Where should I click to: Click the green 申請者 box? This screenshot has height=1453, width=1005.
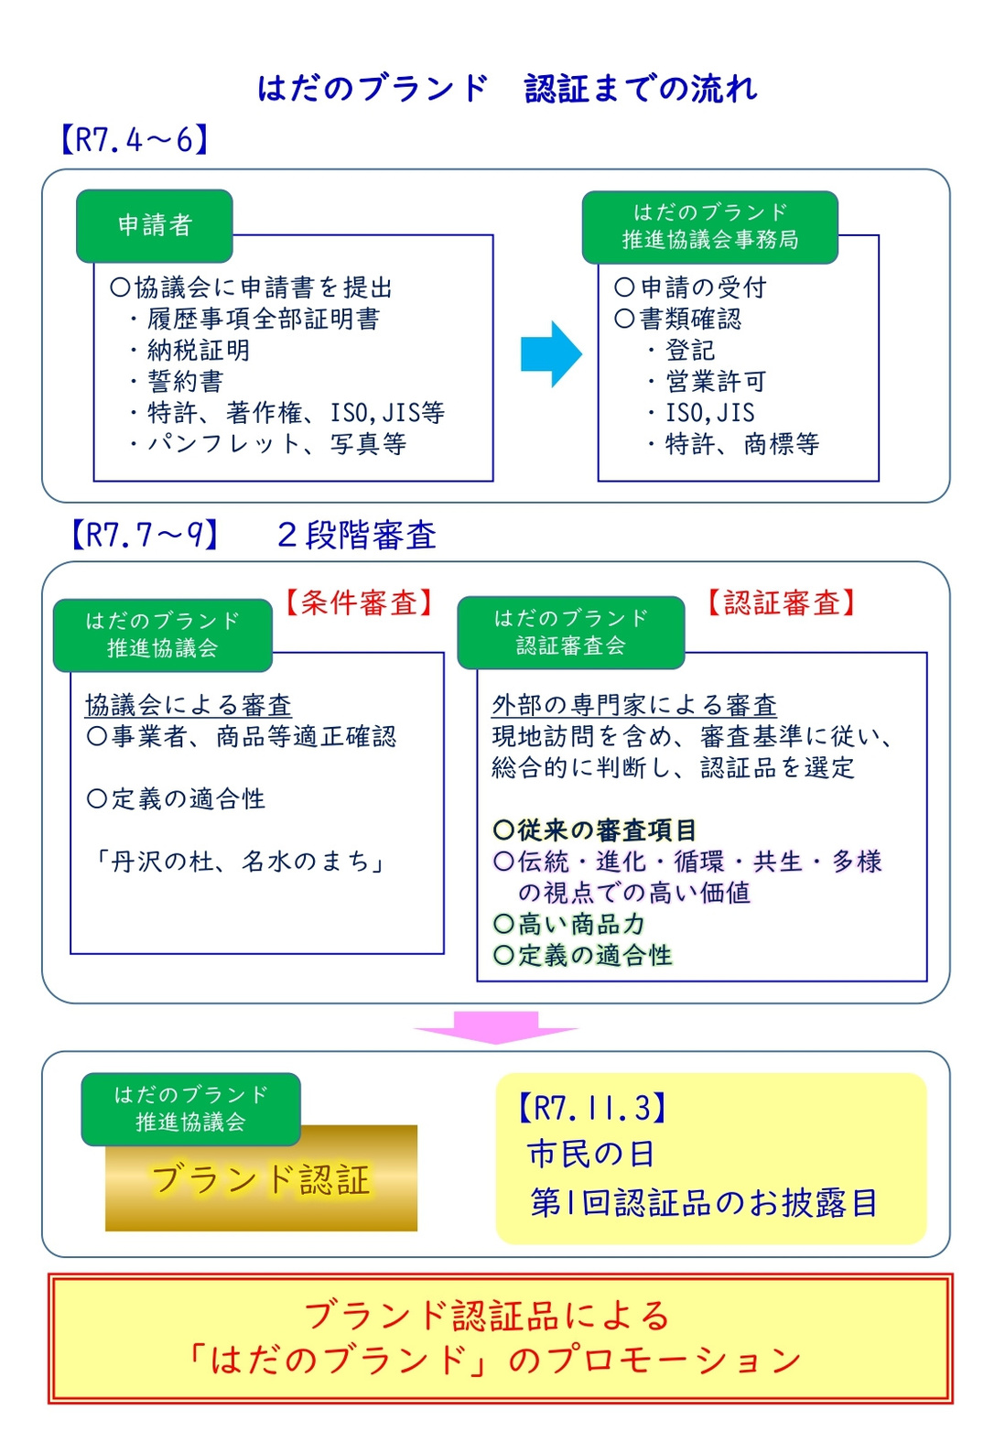point(155,225)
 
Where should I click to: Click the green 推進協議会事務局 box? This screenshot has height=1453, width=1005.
point(709,227)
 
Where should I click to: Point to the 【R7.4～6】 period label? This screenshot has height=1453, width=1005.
point(135,140)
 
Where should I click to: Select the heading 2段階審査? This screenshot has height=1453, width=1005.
point(356,535)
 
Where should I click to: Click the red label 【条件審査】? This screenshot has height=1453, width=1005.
point(359,603)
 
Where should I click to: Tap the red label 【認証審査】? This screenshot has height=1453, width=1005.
point(782,603)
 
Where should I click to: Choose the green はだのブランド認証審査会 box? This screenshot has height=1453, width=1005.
point(570,633)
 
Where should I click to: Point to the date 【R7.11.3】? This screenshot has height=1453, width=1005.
point(592,1108)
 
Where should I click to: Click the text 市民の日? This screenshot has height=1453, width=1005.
point(591,1154)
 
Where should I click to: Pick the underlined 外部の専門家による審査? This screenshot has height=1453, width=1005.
point(634,705)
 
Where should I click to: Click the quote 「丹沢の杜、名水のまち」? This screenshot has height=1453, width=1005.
point(238,862)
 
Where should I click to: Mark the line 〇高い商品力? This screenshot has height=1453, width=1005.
point(568,925)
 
